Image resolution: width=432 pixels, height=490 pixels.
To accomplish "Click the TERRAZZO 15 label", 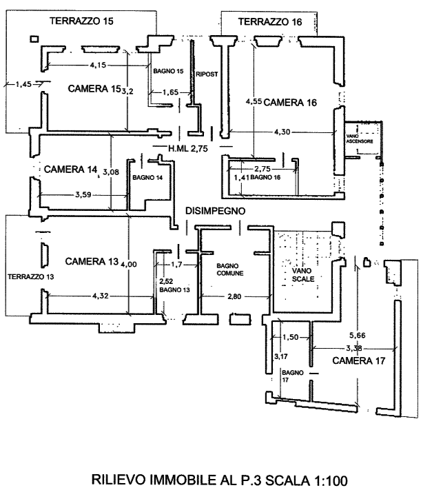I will pyautogui.click(x=81, y=21).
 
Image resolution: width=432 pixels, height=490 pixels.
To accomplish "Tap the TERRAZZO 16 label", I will pyautogui.click(x=269, y=23).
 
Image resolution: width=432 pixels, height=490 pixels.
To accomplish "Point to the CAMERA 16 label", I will pyautogui.click(x=290, y=103).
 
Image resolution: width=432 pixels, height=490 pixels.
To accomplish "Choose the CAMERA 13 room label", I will pyautogui.click(x=92, y=261).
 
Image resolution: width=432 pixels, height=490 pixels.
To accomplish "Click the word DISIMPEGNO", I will pyautogui.click(x=215, y=210).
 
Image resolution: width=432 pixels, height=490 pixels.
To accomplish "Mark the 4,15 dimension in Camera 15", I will pyautogui.click(x=99, y=65).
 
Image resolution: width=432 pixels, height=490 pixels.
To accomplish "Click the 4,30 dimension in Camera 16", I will pyautogui.click(x=281, y=132).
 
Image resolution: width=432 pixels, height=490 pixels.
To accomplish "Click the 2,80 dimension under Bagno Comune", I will pyautogui.click(x=235, y=297).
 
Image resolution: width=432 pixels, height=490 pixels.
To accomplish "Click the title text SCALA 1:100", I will pyautogui.click(x=302, y=479).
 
